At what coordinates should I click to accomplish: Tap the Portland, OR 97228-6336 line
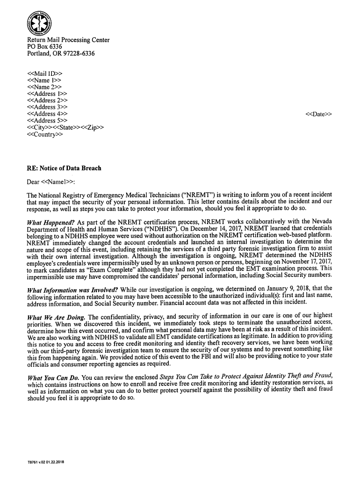pos(61,54)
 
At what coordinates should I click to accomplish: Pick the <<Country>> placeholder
pos(45,135)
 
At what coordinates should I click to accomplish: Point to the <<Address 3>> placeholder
pos(47,107)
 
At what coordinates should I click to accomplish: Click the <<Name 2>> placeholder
pos(44,87)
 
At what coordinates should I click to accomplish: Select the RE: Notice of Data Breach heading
pos(64,168)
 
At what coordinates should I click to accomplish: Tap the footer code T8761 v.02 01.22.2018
pos(45,463)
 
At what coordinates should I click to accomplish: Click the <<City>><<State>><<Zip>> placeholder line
pos(65,128)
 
